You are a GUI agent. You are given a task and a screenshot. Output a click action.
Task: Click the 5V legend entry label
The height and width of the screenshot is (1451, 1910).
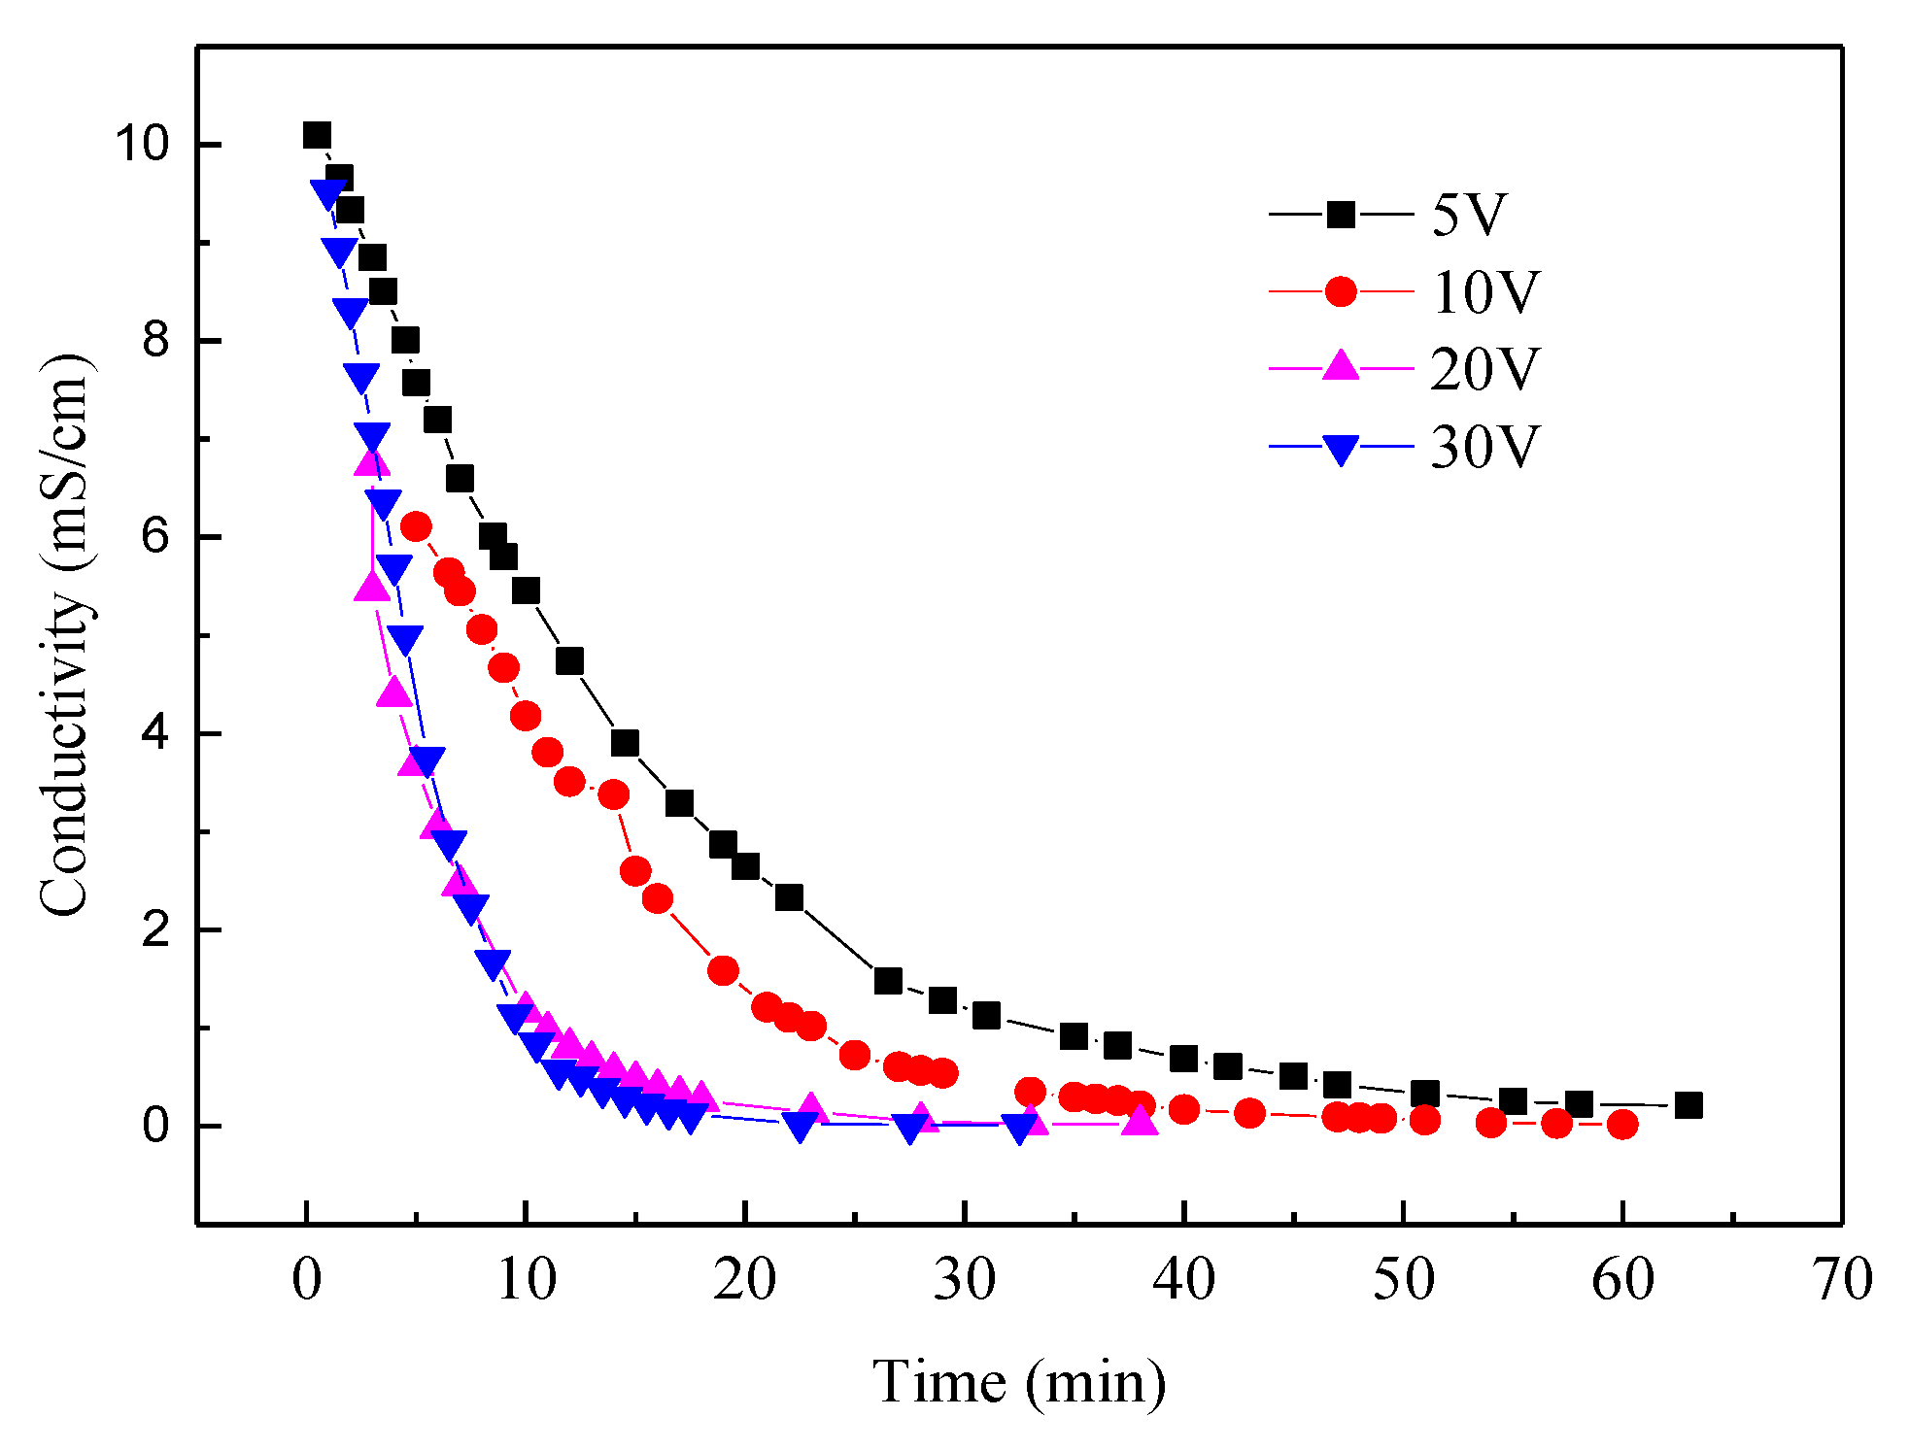pos(1468,215)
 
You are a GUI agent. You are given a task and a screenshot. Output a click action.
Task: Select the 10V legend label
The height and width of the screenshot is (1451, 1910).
pos(1485,291)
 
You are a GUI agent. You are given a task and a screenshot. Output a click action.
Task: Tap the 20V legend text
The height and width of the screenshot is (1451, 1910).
pos(1485,369)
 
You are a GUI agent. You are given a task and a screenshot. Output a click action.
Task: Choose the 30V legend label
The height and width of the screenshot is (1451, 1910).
pos(1485,447)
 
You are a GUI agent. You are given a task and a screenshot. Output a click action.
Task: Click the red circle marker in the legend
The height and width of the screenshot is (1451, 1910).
pos(1341,291)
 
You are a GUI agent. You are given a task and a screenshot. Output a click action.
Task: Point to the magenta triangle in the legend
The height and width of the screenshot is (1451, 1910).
pos(1341,366)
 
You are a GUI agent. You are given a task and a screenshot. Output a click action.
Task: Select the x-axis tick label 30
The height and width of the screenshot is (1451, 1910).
pos(965,1279)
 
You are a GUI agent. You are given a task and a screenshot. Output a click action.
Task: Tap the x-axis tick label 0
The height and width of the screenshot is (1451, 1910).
pos(306,1279)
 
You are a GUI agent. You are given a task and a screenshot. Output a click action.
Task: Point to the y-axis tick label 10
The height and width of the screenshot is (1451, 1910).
pos(142,144)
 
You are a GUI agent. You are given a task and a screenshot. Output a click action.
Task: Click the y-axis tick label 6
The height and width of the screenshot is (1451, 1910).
pos(155,536)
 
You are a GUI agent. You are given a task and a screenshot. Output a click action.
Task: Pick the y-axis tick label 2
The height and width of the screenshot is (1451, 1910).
pos(155,929)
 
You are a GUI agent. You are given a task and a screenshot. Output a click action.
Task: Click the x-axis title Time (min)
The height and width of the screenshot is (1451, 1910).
pos(1019,1381)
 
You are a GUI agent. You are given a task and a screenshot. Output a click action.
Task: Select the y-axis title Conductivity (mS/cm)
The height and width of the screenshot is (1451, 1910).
pos(66,635)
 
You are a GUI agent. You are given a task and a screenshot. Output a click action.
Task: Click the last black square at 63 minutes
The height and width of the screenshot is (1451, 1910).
pos(1688,1105)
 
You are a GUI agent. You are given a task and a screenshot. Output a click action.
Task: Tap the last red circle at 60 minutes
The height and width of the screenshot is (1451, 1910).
pos(1622,1125)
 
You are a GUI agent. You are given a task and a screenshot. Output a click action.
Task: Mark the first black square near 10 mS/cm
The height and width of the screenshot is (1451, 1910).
pos(317,135)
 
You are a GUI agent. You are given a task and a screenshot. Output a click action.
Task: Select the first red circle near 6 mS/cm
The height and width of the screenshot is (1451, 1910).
pos(416,526)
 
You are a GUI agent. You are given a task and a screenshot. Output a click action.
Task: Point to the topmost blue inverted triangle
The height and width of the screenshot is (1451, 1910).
pos(327,192)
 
